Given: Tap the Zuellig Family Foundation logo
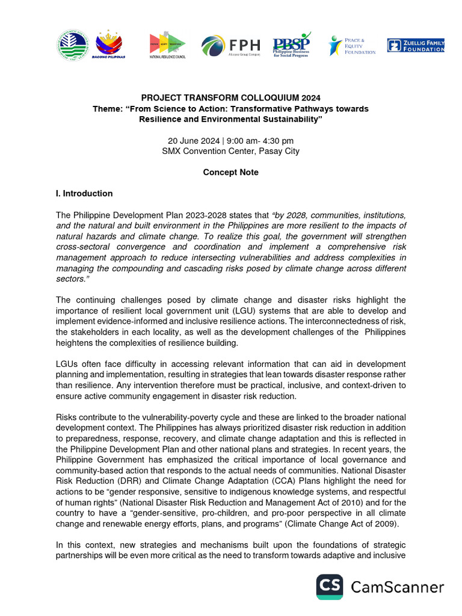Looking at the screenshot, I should tap(416, 46).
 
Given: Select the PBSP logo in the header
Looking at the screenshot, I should tap(292, 45).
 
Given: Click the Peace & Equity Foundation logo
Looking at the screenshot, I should tap(352, 46).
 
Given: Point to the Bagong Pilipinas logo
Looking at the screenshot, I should tap(109, 45).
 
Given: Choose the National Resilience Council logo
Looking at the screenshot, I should tap(167, 46).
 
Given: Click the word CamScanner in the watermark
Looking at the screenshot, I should tap(398, 587).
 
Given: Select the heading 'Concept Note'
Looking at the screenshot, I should tap(230, 172).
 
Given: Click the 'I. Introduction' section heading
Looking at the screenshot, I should tap(84, 194).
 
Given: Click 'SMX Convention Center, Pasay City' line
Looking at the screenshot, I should tap(230, 151).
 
